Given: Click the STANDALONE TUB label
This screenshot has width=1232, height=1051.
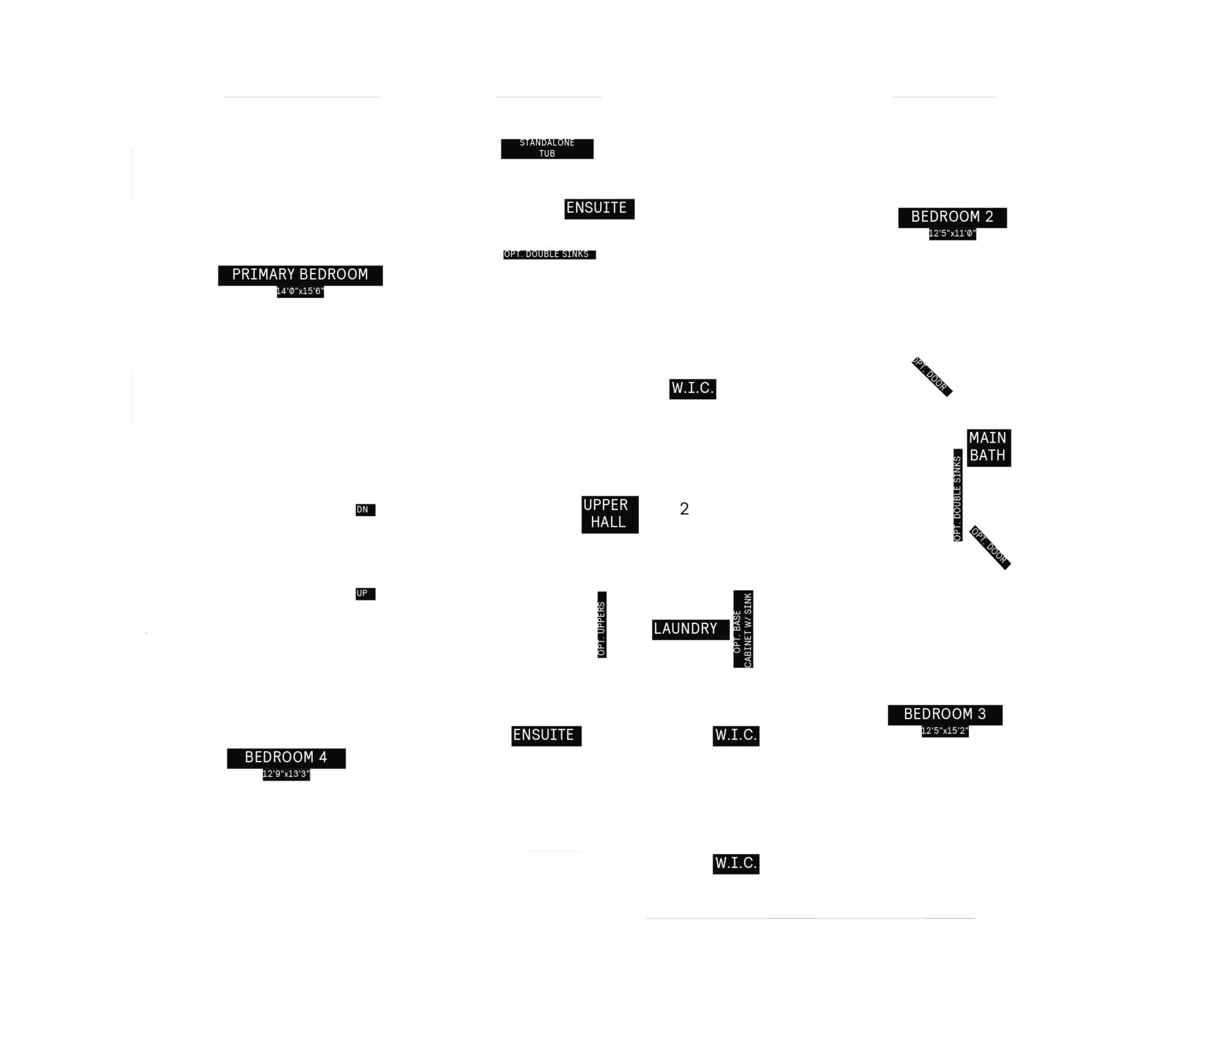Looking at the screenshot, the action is [x=547, y=148].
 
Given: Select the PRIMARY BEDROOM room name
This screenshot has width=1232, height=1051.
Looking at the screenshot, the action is [x=300, y=275].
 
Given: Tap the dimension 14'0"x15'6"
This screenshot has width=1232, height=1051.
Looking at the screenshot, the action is [x=300, y=291].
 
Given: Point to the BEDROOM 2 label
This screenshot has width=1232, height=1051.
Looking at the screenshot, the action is [x=952, y=217].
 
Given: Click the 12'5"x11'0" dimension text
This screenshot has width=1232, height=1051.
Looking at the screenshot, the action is [x=952, y=233].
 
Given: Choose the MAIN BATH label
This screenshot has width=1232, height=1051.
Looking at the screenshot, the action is [x=988, y=447].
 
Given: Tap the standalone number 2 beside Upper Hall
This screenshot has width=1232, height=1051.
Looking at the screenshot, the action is [x=684, y=509].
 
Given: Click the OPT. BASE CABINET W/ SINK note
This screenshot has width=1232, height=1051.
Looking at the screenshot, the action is [x=743, y=630].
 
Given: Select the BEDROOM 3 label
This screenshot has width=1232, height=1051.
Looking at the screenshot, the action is [x=945, y=715].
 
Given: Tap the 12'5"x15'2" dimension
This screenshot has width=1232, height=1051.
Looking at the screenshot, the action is [x=945, y=731].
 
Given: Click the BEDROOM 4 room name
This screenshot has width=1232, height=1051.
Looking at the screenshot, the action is [x=286, y=758].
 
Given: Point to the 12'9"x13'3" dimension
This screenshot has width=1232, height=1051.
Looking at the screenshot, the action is [x=286, y=774].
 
